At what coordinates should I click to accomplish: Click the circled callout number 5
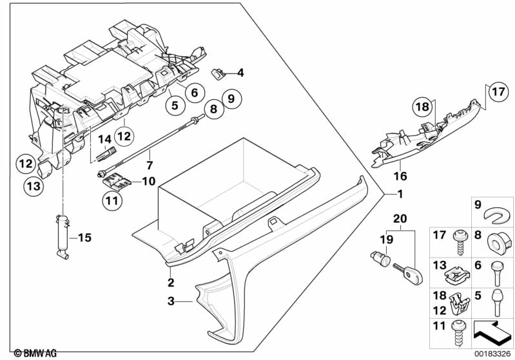tap(173, 104)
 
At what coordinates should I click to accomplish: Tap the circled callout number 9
tap(231, 99)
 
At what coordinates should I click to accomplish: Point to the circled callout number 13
tap(32, 186)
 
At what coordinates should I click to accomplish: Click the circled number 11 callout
tap(112, 200)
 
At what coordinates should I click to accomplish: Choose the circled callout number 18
tap(421, 108)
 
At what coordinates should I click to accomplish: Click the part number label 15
tap(84, 238)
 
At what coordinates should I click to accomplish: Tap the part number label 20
tap(399, 220)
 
